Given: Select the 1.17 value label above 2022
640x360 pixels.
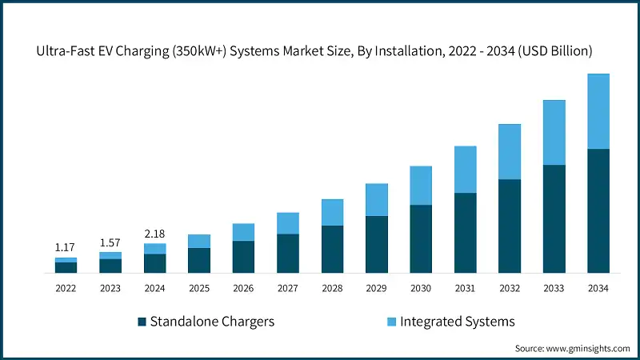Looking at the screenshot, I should [66, 248].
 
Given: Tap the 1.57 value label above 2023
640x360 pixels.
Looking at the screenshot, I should [110, 242].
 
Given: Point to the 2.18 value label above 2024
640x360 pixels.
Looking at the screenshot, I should [155, 234].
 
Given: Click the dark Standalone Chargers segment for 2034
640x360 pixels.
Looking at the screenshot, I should [598, 211].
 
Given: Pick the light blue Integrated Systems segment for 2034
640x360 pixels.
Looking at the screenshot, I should [598, 111].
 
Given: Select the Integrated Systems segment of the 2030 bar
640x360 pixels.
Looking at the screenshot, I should [421, 186].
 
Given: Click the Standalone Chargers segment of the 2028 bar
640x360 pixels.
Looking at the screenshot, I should [332, 249].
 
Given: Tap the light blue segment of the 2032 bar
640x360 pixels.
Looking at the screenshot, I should [510, 152].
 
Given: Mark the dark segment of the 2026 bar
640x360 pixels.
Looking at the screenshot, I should [243, 257].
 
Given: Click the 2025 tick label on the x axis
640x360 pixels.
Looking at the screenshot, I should [199, 288].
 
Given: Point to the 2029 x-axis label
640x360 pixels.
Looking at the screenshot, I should [377, 288].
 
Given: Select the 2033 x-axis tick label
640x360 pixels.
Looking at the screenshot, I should [554, 288].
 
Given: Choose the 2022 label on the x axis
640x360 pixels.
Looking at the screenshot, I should [66, 288].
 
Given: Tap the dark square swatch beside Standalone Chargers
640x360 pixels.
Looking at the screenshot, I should [142, 322].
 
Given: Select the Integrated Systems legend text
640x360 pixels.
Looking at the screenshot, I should [457, 322].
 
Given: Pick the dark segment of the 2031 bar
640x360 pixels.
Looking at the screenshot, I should [466, 233].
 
